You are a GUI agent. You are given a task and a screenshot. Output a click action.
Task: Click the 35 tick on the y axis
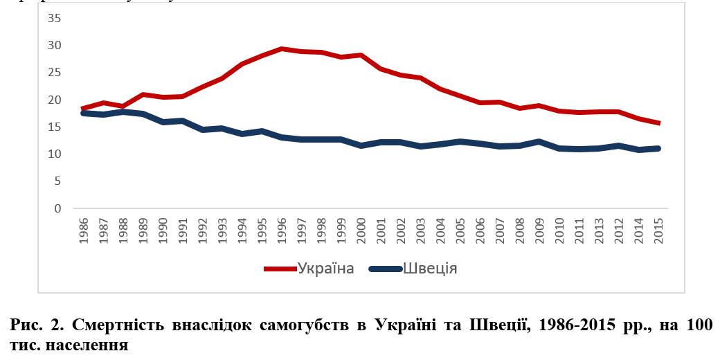click(x=54, y=18)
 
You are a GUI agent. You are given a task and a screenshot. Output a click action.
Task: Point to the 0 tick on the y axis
click(x=57, y=208)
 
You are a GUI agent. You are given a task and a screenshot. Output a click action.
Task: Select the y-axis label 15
click(x=54, y=127)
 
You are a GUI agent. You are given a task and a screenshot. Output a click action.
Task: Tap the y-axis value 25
click(x=54, y=73)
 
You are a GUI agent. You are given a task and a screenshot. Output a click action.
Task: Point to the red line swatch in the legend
click(x=280, y=269)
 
